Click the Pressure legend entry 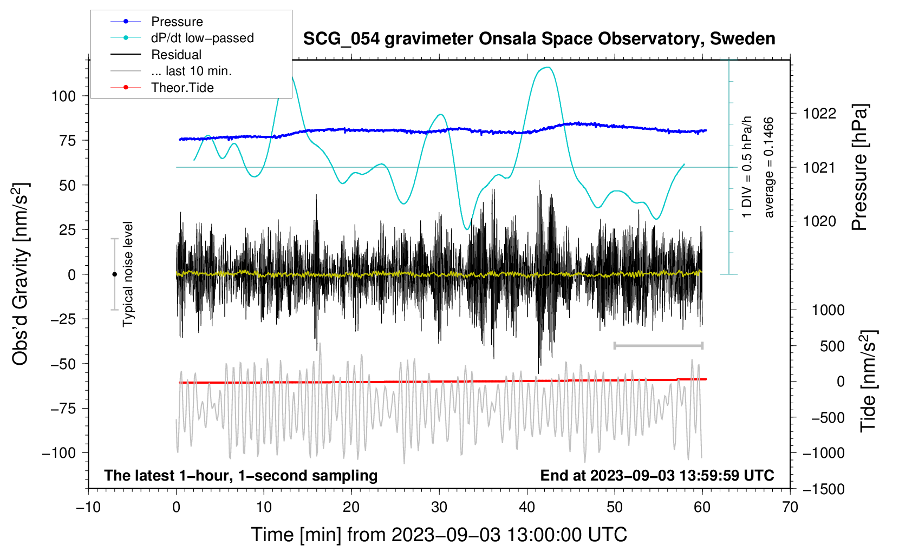[x=177, y=22]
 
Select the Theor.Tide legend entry [x=182, y=88]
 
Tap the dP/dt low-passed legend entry [x=202, y=38]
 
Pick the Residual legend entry [x=176, y=55]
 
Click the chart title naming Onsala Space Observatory [x=539, y=39]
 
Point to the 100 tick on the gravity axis [x=63, y=96]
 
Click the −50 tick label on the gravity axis [x=63, y=364]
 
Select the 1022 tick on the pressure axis [x=819, y=114]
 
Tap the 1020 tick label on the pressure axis [x=819, y=221]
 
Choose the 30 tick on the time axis [x=439, y=507]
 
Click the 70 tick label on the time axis [x=790, y=507]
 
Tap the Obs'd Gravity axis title [x=20, y=274]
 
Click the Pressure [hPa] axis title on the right [x=859, y=168]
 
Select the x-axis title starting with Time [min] [x=439, y=535]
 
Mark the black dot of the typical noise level [x=114, y=274]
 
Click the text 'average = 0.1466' [x=769, y=168]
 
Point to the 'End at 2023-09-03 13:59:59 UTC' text [x=657, y=476]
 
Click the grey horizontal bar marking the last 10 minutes [x=658, y=346]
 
